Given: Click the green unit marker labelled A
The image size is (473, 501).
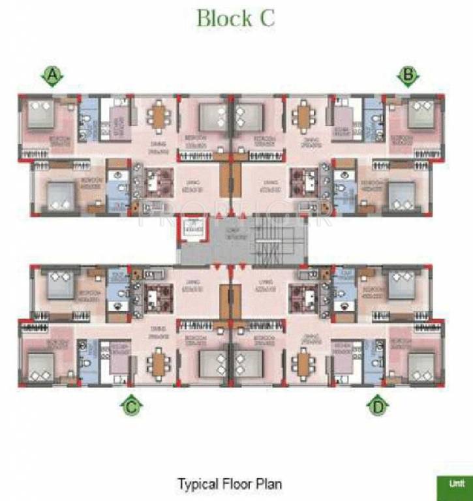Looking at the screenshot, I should (53, 77).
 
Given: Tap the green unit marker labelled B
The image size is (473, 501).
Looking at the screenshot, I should (408, 76).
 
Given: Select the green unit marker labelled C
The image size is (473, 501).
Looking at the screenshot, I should (131, 407).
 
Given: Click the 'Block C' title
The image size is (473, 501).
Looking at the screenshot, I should (236, 18).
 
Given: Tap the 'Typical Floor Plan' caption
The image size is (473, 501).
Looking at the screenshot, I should (229, 484).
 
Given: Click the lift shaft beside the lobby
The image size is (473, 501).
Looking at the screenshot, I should (192, 228).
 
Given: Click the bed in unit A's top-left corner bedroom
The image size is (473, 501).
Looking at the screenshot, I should (42, 114).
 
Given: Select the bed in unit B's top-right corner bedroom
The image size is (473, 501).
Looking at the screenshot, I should (421, 114).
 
